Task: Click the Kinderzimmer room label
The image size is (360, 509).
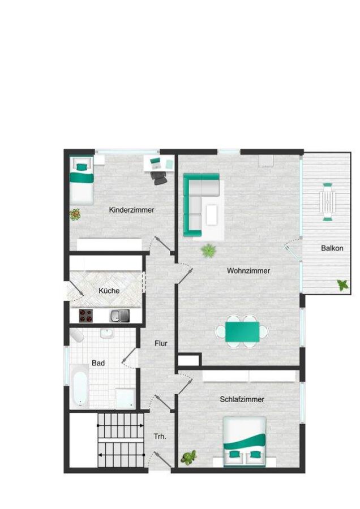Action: tap(131, 210)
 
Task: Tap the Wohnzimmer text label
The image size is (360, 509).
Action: tap(248, 271)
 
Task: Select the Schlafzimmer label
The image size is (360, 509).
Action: tap(242, 399)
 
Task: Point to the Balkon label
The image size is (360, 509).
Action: tap(332, 248)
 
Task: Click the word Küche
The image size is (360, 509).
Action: tap(109, 291)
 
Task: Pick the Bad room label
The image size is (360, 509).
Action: tap(98, 363)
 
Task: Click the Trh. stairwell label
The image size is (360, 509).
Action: tap(159, 437)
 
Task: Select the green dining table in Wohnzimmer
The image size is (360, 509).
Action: tap(242, 332)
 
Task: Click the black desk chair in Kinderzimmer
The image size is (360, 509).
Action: tap(160, 176)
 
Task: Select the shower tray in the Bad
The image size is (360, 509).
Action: tap(125, 397)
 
